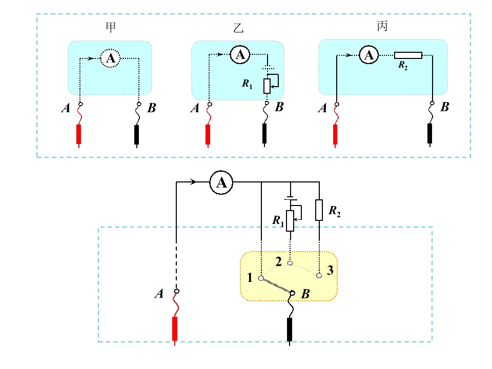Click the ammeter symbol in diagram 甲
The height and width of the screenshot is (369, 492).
[110, 58]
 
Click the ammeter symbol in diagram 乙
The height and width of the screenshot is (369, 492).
[240, 55]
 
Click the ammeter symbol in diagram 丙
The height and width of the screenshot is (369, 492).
[368, 55]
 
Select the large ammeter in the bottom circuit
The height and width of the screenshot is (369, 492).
[221, 182]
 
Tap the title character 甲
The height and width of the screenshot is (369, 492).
[111, 27]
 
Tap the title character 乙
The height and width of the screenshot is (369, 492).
[238, 28]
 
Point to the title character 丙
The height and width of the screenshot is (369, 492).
[382, 26]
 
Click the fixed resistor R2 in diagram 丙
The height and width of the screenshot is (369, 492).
[408, 55]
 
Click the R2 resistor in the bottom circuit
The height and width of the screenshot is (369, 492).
[319, 210]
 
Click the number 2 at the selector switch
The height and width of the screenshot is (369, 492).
[278, 262]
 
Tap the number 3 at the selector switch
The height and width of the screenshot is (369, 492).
[330, 270]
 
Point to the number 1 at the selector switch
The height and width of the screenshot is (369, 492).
[250, 277]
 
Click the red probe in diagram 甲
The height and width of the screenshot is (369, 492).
[79, 135]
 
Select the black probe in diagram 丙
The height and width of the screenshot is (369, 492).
[429, 134]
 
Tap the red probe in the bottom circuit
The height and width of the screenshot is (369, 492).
[175, 330]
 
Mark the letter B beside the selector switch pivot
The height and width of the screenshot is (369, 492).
[305, 294]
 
